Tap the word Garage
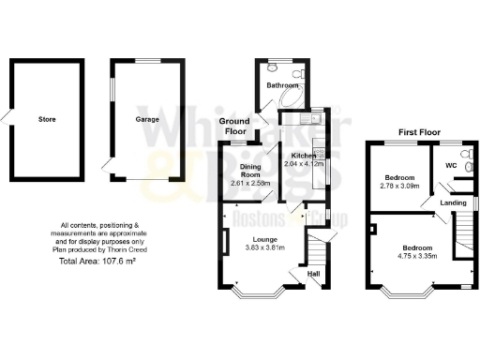coord(147,120)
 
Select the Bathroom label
coord(280,85)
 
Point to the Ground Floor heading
coord(235,127)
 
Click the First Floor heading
coord(419,132)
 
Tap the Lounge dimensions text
coord(264,247)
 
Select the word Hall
coord(314,274)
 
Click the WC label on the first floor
coord(451,166)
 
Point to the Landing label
coord(454,202)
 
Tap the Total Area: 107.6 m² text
coord(98,262)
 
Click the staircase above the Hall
coord(317,247)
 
